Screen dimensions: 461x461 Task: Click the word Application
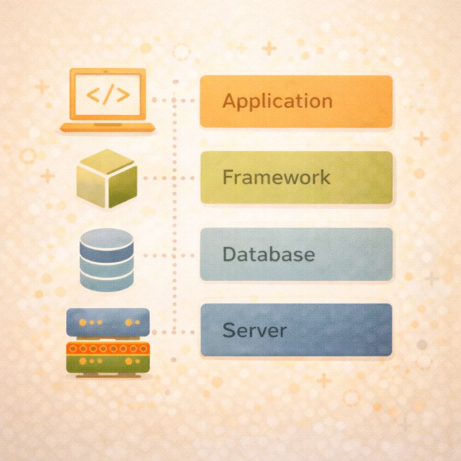[x=277, y=101]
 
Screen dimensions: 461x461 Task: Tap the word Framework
[x=277, y=177]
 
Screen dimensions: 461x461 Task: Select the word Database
[x=269, y=254]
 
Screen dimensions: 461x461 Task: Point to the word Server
[x=254, y=331]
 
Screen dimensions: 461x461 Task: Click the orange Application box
[x=357, y=101]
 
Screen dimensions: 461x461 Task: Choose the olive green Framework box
[x=360, y=177]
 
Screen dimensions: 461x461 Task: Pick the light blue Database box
[x=357, y=254]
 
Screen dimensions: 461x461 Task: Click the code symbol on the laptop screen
[x=108, y=95]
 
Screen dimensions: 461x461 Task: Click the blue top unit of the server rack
[x=108, y=322]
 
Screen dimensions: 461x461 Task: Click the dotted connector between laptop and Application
[x=176, y=100]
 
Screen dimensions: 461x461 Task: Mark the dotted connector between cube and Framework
[x=167, y=178]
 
